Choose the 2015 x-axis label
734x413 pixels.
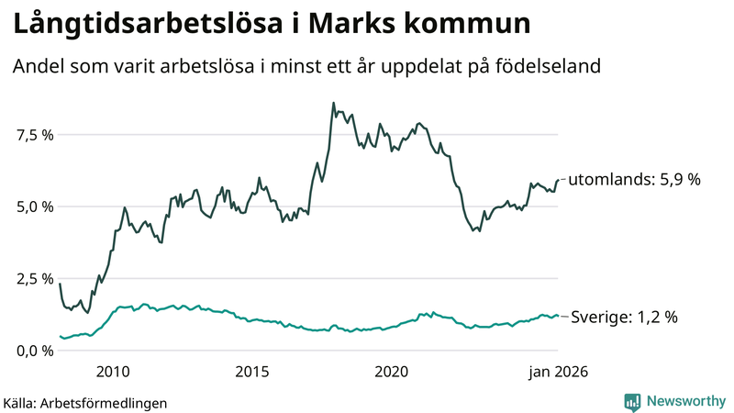251,372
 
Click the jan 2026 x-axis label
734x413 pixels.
556,372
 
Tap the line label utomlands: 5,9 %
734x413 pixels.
634,180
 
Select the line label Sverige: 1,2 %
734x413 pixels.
624,317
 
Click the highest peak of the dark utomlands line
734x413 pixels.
333,103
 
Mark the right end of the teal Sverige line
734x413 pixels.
558,316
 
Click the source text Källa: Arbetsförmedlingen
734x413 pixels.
85,402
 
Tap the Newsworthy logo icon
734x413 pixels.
632,401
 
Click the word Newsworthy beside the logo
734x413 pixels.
684,401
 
